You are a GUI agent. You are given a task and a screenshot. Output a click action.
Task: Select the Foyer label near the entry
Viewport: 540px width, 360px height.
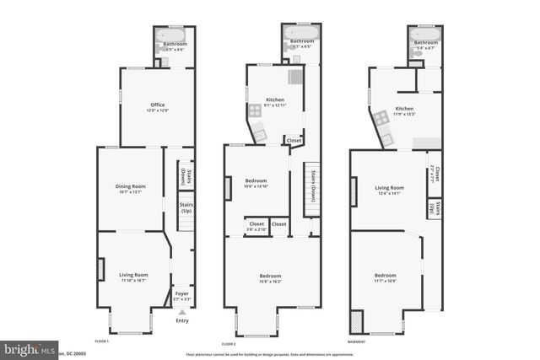pos(181,296)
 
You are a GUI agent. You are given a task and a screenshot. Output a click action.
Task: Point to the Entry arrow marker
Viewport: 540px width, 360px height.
pos(181,312)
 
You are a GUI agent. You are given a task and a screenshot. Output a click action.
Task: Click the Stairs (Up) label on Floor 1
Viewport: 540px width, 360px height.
pos(186,207)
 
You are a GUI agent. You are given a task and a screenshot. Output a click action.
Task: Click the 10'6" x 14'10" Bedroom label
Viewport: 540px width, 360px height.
pos(256,183)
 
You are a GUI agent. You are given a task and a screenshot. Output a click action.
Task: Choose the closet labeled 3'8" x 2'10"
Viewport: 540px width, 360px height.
pos(256,226)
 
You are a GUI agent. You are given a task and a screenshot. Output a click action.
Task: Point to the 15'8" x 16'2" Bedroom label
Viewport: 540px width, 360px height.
pos(270,278)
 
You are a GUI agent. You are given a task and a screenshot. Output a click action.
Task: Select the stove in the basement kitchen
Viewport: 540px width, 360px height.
pos(381,117)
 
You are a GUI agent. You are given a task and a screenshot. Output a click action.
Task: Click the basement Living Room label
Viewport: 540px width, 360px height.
pos(389,191)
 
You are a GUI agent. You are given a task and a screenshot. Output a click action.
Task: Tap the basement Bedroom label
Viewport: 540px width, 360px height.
pos(386,277)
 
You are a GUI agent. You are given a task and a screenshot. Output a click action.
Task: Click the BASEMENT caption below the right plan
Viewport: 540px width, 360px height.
pos(356,341)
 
